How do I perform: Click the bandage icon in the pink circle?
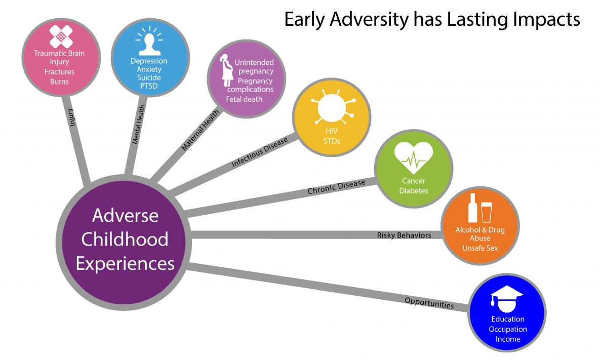(61, 35)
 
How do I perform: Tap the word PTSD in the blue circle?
(149, 86)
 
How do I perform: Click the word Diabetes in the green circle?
(414, 191)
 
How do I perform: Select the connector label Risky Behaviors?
(404, 235)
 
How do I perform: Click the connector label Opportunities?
(429, 303)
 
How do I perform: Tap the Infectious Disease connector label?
(259, 152)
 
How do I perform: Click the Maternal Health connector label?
(201, 131)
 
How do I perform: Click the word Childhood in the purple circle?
(125, 239)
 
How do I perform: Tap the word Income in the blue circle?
(508, 339)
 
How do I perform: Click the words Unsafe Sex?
(480, 248)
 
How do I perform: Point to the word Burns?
(59, 82)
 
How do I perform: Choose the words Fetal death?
(244, 99)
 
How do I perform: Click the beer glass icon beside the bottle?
(487, 212)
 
